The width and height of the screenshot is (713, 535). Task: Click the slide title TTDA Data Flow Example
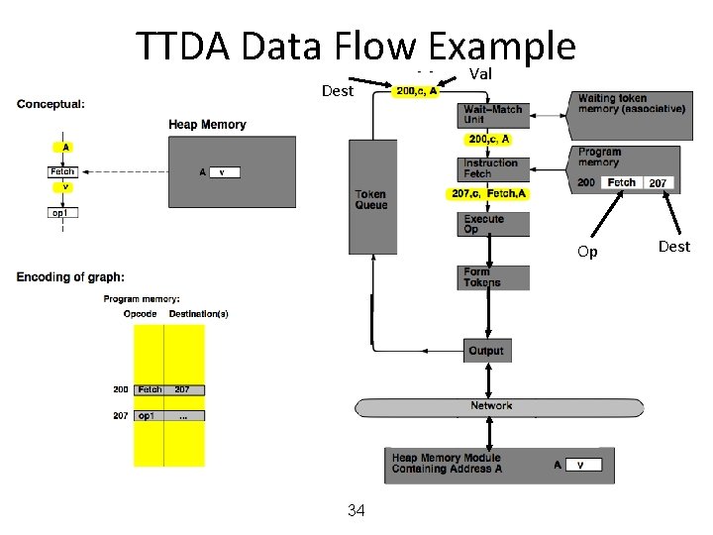(356, 46)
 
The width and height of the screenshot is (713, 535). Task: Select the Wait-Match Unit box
(494, 115)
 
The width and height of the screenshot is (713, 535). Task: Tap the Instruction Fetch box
(494, 168)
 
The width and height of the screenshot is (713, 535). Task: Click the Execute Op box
(494, 224)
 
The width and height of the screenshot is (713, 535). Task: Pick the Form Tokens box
(494, 277)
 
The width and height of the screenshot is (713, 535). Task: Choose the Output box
(486, 350)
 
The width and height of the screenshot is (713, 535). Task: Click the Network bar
(491, 406)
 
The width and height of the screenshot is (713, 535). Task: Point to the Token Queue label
(371, 199)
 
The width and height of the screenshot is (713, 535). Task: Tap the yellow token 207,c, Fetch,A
(489, 193)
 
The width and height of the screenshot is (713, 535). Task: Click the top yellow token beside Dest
(416, 92)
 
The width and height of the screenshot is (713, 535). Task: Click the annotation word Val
(480, 74)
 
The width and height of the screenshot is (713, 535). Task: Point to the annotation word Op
(587, 252)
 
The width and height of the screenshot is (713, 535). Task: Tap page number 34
(356, 511)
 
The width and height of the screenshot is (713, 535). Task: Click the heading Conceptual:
(51, 102)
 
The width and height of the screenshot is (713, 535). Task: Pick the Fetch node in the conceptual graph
(63, 171)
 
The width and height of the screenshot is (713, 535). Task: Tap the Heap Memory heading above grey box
(207, 125)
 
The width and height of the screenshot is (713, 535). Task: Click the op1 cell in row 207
(148, 415)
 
